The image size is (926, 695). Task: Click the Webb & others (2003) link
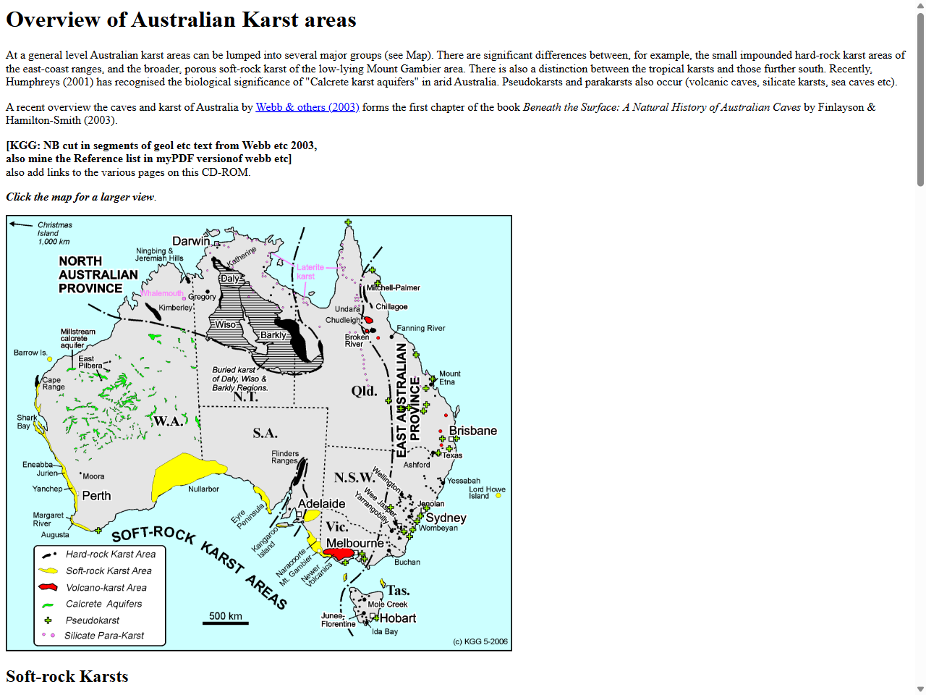point(307,107)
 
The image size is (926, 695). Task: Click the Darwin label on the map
point(191,241)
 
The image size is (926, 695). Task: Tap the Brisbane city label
point(472,431)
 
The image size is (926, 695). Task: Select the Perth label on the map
point(96,496)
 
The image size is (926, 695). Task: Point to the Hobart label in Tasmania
point(398,618)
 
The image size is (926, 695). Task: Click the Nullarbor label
point(203,489)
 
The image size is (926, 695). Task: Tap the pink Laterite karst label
point(310,271)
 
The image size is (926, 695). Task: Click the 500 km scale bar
point(225,622)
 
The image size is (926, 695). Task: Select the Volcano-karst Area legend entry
point(106,588)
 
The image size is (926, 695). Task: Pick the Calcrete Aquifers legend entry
point(103,604)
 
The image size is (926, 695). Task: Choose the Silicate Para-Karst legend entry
point(103,636)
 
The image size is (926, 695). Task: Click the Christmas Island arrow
point(21,224)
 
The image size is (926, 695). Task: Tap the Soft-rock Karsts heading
point(67,676)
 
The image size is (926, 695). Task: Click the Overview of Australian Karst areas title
point(181,20)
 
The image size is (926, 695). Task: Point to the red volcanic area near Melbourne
point(338,554)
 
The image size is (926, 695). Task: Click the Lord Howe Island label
point(486,492)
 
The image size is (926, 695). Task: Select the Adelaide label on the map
point(321,504)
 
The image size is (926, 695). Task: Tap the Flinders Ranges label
point(284,457)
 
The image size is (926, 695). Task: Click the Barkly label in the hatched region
point(273,335)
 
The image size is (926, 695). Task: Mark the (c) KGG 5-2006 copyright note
point(480,641)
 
